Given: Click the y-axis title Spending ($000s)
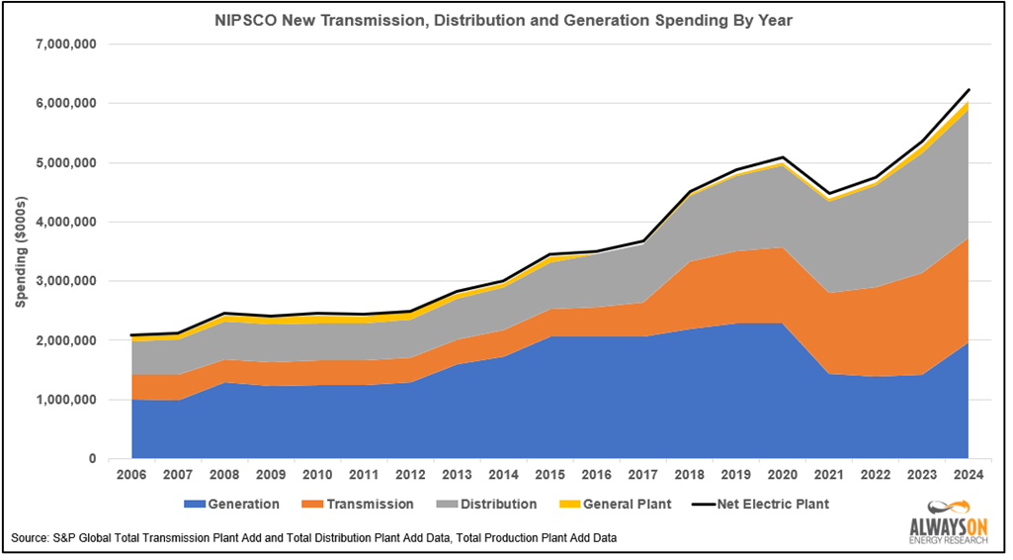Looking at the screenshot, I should click(21, 251).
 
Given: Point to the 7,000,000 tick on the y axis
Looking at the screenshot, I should click(64, 45).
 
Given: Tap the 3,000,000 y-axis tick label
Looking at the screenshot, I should click(64, 281).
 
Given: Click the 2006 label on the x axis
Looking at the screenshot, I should click(131, 477).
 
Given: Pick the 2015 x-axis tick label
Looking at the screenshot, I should click(549, 477).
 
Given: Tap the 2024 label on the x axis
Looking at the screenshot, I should click(968, 477).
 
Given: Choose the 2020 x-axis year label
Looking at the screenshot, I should click(782, 477).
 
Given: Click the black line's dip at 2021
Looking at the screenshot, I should click(829, 194).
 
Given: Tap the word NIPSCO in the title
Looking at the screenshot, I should click(244, 19).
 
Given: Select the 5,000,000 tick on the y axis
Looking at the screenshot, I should click(64, 162).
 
